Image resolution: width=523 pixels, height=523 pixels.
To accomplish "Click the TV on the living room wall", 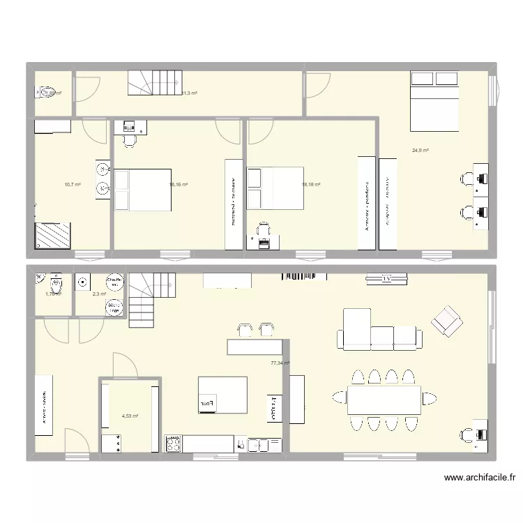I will pyautogui.click(x=380, y=280).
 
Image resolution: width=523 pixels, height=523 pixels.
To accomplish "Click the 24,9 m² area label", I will pyautogui.click(x=420, y=150).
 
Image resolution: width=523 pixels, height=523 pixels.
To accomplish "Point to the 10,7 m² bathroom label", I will pyautogui.click(x=72, y=185).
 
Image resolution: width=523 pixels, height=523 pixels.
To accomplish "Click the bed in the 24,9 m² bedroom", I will pyautogui.click(x=435, y=101).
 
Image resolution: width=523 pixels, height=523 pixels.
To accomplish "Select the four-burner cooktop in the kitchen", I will pyautogui.click(x=174, y=444).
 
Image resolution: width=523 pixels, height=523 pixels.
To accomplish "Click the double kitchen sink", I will pyautogui.click(x=259, y=444).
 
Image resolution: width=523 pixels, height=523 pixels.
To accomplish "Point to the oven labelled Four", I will pyautogui.click(x=208, y=403).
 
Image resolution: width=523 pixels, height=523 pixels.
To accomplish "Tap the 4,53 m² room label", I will pyautogui.click(x=130, y=416).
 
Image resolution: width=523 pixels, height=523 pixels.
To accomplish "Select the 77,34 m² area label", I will pyautogui.click(x=280, y=363).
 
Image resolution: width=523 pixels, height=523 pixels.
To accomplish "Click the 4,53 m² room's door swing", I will pyautogui.click(x=123, y=364).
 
